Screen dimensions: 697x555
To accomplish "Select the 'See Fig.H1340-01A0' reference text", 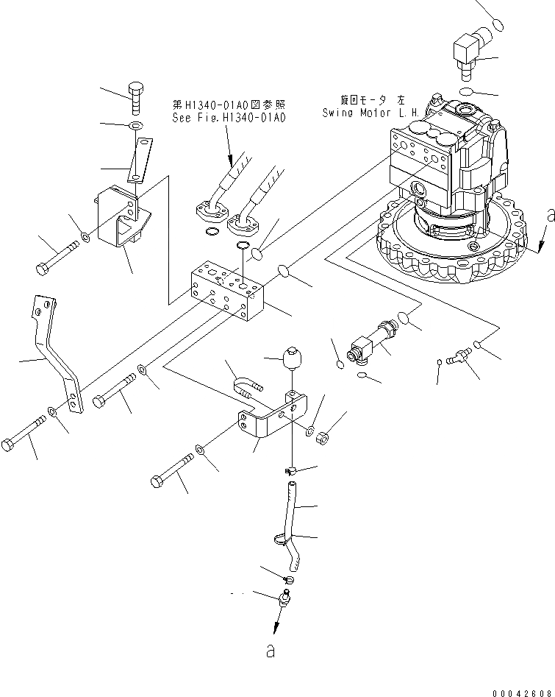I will [229, 117].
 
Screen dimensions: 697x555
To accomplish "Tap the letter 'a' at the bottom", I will [271, 651].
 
